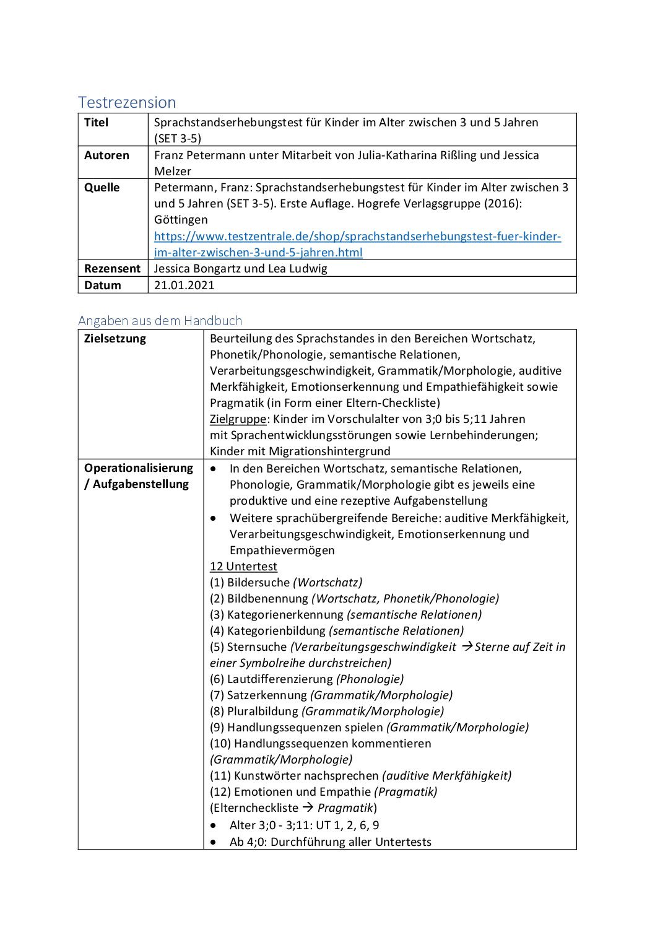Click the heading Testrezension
click(x=127, y=102)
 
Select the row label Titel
click(x=96, y=123)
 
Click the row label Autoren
click(x=106, y=155)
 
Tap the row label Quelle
click(x=102, y=188)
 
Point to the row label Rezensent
click(x=112, y=269)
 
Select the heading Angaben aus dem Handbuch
click(x=160, y=321)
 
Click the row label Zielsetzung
click(x=115, y=339)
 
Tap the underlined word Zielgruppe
click(x=238, y=419)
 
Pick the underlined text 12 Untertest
click(x=243, y=567)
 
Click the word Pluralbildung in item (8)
click(x=262, y=712)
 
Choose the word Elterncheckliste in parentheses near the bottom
click(x=256, y=808)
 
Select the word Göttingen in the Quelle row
click(x=181, y=220)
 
